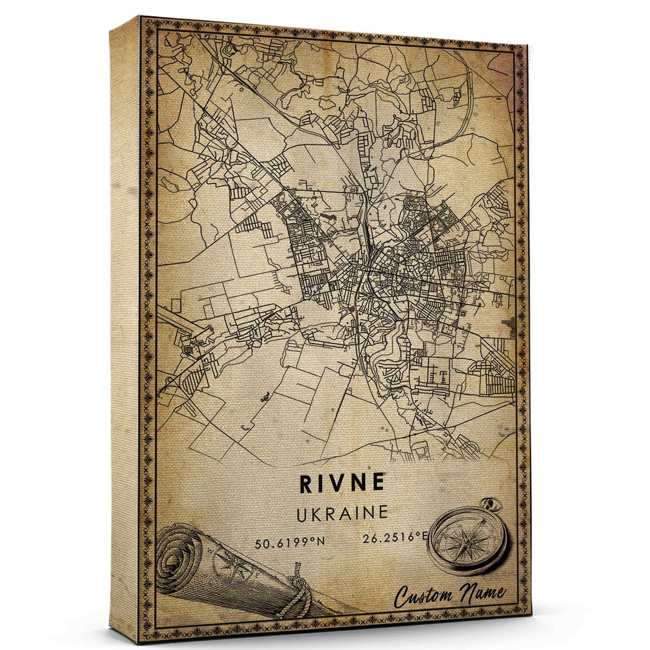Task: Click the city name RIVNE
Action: click(342, 484)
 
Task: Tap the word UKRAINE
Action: click(342, 512)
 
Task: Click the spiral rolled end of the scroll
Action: click(179, 558)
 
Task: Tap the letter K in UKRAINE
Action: click(322, 513)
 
